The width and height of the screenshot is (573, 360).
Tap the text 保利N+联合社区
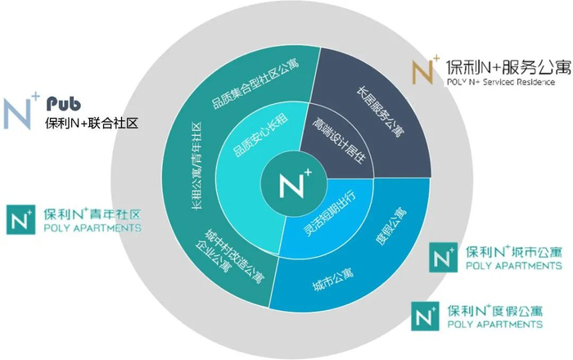[92, 124]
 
